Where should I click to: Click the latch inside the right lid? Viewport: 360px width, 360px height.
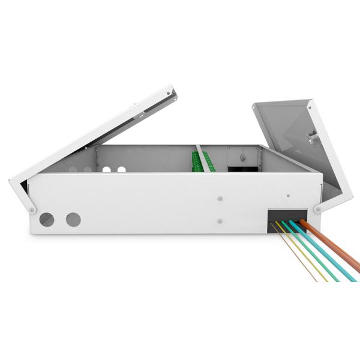click(313, 136)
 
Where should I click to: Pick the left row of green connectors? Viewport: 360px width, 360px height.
click(196, 161)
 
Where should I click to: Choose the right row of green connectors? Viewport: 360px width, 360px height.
click(208, 160)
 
